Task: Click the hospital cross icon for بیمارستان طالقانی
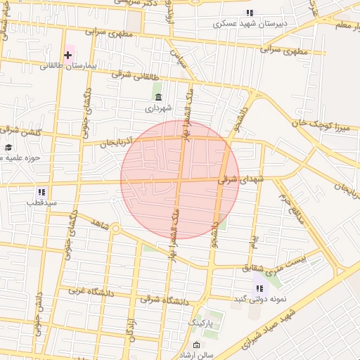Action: pos(68,55)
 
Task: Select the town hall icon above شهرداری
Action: pos(157,97)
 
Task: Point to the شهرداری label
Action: pos(157,108)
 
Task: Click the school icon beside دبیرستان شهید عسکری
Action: pos(250,13)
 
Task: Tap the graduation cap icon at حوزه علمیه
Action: pos(8,148)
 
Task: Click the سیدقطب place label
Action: pos(41,202)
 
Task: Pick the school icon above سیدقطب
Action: pos(41,191)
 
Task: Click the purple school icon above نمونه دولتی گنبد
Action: pos(259,288)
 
